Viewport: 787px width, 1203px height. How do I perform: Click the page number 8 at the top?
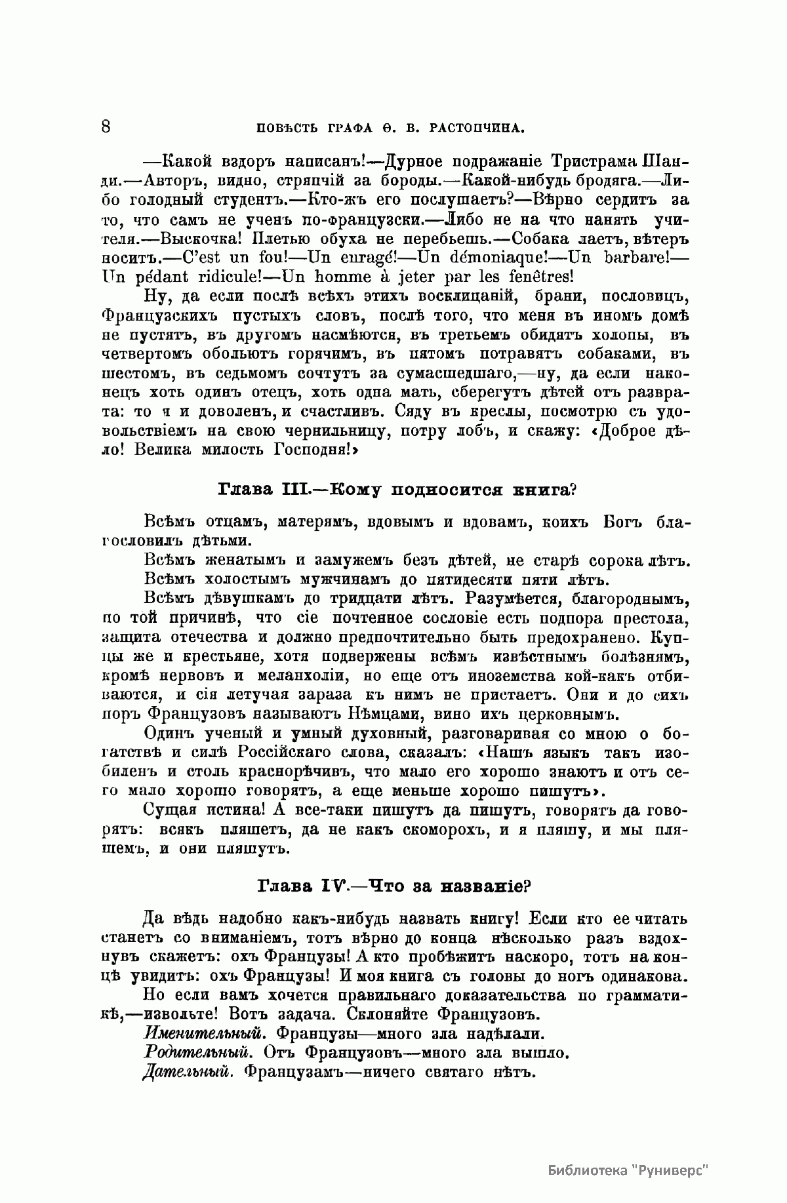point(106,125)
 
